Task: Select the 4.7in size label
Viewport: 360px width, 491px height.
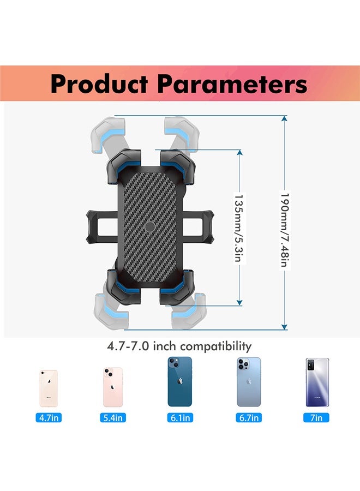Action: point(48,418)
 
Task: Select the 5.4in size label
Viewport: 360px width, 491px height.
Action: point(113,418)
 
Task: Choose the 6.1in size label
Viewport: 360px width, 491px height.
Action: point(179,418)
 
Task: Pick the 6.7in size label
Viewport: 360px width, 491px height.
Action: point(249,418)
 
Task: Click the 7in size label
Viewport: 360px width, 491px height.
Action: point(316,418)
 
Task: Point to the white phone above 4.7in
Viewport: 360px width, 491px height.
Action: point(48,388)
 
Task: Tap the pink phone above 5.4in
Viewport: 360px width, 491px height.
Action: point(113,387)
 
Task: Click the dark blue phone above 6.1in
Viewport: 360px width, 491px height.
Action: point(179,382)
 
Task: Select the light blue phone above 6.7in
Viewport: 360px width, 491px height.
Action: point(249,382)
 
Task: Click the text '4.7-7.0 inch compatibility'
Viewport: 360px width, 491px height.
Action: point(179,346)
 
